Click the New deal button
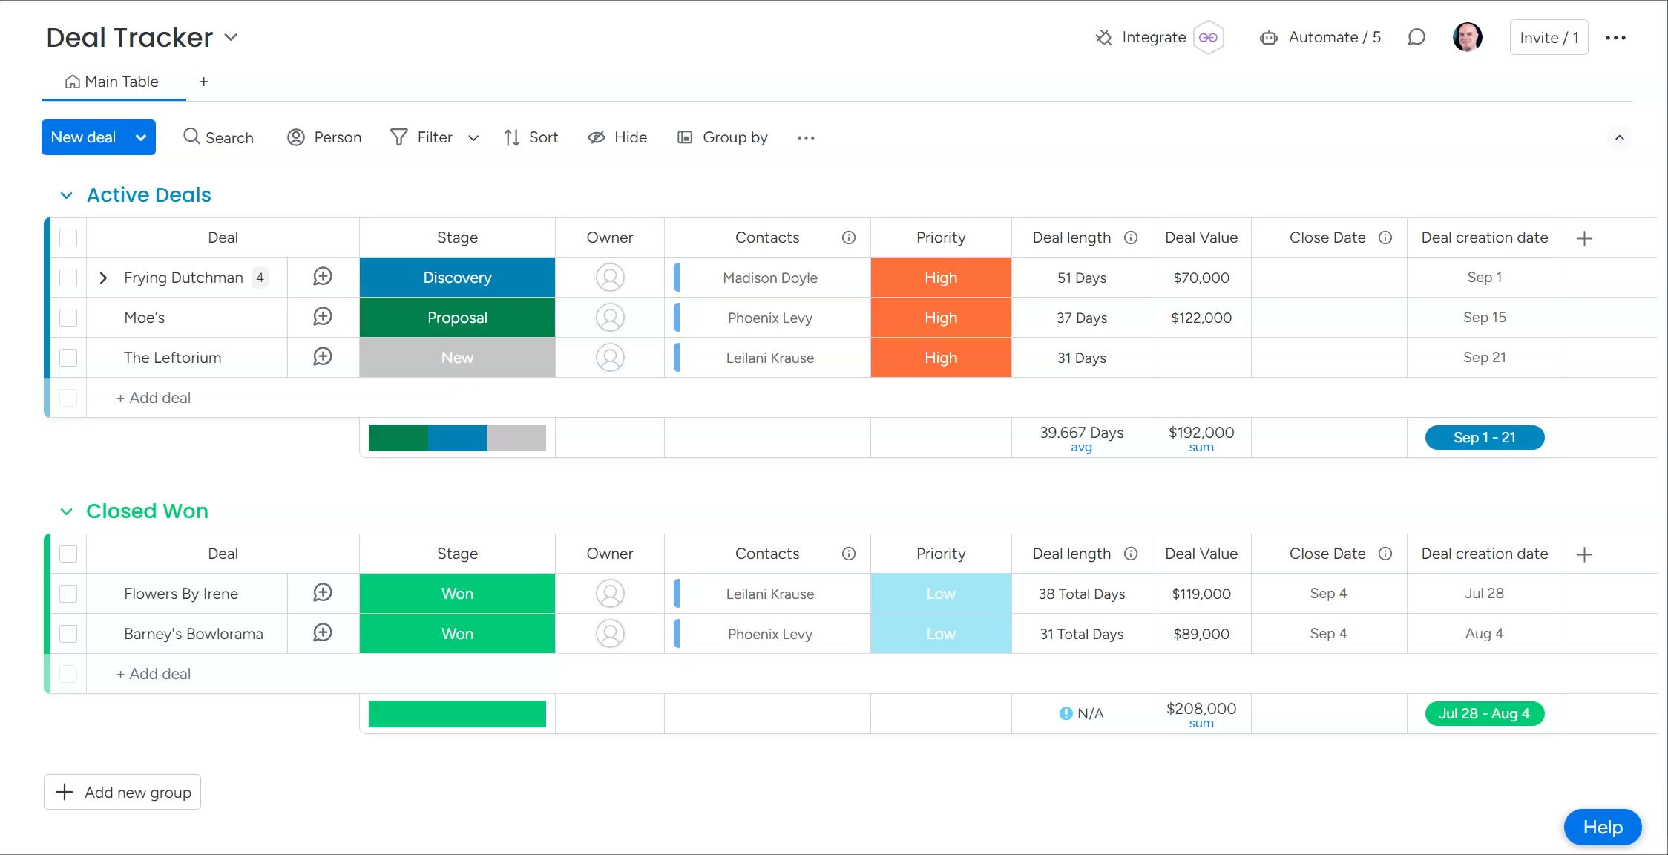[84, 137]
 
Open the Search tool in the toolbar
[218, 137]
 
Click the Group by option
[723, 137]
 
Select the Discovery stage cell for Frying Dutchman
[457, 278]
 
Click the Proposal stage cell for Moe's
[457, 318]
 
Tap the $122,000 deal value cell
[1201, 318]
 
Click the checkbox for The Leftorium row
[68, 358]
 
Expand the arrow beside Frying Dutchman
[104, 278]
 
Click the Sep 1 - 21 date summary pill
[1484, 437]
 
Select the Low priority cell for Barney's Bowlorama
[940, 634]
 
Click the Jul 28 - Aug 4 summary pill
[1484, 713]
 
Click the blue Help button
[1602, 827]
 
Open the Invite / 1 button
[1549, 37]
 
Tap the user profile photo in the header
[1467, 37]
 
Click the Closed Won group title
[147, 511]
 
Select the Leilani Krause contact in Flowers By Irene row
[769, 594]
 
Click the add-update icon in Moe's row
[323, 317]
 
